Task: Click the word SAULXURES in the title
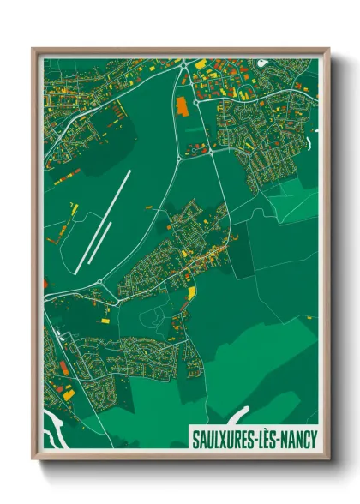225,440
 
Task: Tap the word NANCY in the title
296,440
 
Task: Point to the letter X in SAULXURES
223,440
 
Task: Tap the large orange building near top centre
181,107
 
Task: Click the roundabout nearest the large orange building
195,99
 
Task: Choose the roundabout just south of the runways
99,282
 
